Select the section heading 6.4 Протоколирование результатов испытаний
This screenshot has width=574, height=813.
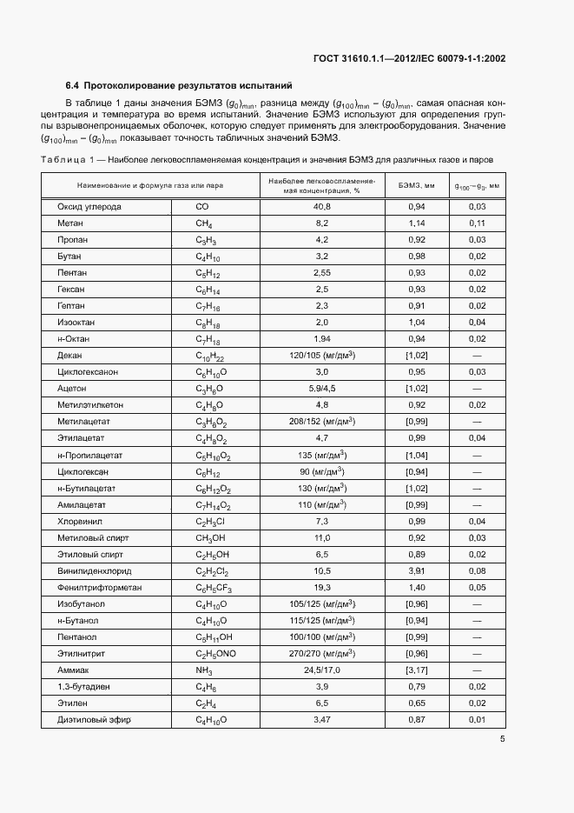click(x=179, y=85)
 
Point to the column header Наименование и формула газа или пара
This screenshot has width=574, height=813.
click(x=150, y=185)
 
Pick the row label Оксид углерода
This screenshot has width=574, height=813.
click(x=89, y=207)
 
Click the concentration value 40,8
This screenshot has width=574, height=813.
click(x=321, y=207)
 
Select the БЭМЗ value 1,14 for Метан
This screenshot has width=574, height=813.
click(x=416, y=223)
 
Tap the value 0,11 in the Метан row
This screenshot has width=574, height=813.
click(x=477, y=223)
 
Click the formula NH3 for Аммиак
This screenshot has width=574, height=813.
click(x=204, y=670)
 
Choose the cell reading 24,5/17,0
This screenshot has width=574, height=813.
click(x=321, y=670)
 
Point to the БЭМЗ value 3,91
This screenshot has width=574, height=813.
click(x=416, y=570)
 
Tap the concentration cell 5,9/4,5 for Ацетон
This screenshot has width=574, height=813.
click(x=321, y=389)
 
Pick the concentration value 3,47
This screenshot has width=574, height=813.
click(x=321, y=720)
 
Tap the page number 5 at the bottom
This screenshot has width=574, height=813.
click(x=503, y=739)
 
